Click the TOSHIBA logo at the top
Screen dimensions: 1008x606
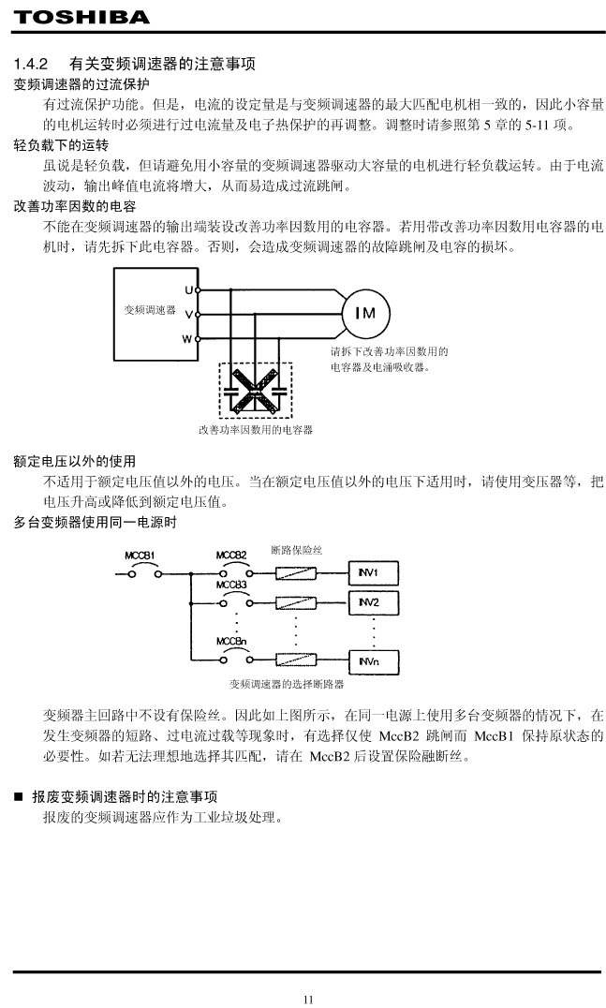pos(81,17)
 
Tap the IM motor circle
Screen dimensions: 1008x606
pos(365,313)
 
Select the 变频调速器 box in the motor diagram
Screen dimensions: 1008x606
pos(150,309)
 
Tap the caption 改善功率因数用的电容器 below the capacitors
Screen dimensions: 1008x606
pos(255,430)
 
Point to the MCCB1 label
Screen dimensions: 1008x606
pos(140,556)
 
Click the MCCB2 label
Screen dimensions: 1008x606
pos(231,555)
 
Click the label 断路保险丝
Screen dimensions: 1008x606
pos(297,549)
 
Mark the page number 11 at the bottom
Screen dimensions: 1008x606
pos(308,999)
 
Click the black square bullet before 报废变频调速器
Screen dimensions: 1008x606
pos(19,797)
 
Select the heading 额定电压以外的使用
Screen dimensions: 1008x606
pos(75,462)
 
